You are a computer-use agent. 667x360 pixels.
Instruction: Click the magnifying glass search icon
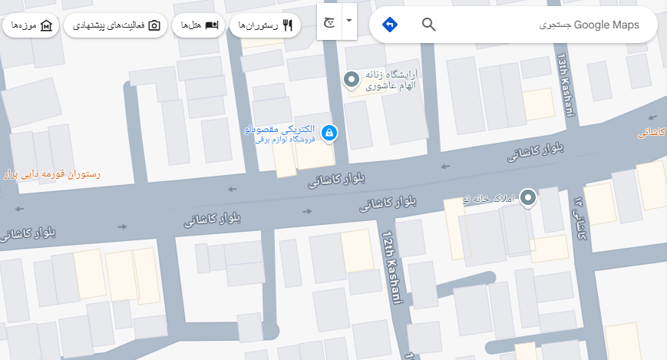click(429, 25)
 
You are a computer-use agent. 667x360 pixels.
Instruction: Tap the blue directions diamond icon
click(390, 25)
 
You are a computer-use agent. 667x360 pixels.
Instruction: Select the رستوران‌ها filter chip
click(266, 25)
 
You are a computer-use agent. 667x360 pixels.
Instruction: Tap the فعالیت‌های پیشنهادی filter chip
click(116, 25)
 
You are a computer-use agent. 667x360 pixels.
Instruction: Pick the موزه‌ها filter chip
click(31, 25)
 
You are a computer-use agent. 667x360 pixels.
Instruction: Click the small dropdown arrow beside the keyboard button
click(349, 21)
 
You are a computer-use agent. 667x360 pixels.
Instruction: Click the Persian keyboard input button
click(329, 21)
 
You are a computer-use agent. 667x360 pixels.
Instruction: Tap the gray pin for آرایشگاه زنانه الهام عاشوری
click(352, 78)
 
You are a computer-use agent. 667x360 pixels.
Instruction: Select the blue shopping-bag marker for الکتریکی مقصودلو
click(329, 133)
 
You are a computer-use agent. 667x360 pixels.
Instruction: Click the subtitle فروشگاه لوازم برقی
click(281, 140)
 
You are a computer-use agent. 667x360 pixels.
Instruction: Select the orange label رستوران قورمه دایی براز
click(52, 174)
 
